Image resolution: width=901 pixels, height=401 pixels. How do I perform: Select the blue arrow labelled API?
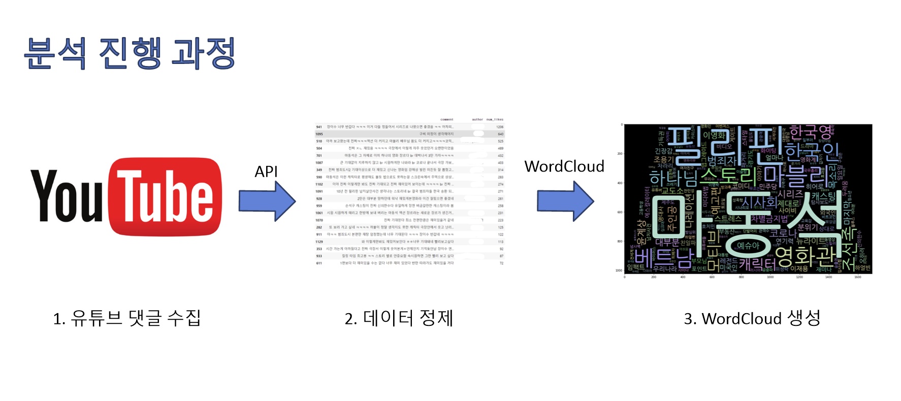click(267, 201)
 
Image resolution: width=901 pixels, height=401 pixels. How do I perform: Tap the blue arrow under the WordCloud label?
click(565, 201)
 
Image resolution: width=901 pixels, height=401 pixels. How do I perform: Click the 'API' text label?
click(266, 172)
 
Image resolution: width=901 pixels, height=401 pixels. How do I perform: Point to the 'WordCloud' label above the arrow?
click(564, 166)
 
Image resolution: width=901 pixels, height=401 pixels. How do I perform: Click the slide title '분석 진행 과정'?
click(130, 53)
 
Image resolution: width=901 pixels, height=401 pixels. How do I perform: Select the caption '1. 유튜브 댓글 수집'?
click(127, 318)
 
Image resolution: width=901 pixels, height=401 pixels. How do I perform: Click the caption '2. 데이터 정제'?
click(399, 318)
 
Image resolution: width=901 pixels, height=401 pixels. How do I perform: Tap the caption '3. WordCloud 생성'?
click(752, 318)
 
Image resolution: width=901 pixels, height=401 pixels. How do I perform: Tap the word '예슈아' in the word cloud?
click(748, 246)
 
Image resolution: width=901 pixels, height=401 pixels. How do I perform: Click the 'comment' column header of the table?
click(446, 120)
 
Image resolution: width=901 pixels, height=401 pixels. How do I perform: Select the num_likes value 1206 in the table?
click(500, 127)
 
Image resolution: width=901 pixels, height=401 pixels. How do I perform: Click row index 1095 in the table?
click(319, 134)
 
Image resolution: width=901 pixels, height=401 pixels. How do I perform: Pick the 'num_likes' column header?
click(494, 120)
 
